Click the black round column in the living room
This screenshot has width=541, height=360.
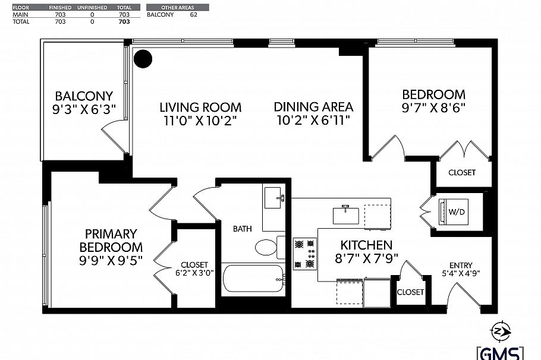[x=143, y=58]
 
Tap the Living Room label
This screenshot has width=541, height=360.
[x=200, y=108]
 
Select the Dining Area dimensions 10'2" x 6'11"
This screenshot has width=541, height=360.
[x=313, y=121]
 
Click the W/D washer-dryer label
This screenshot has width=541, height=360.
[x=457, y=211]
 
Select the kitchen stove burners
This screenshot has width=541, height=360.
[x=304, y=252]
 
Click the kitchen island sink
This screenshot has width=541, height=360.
[x=345, y=213]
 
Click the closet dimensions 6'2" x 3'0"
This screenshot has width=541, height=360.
[x=194, y=274]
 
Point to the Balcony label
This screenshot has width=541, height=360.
[x=84, y=96]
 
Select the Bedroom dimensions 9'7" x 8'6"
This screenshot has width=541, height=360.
[x=433, y=108]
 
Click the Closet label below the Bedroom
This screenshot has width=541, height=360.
[x=461, y=173]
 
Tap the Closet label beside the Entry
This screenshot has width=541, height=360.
[x=410, y=292]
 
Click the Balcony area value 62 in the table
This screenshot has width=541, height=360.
[x=193, y=14]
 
